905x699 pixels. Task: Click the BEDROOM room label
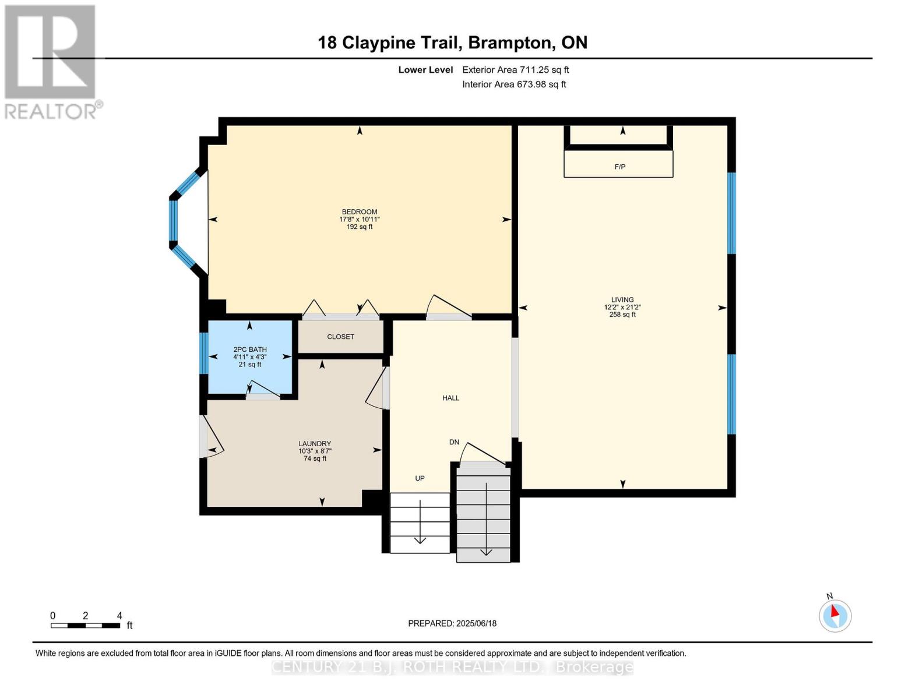(359, 212)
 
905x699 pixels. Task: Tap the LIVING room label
(622, 300)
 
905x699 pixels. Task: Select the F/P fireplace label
(619, 167)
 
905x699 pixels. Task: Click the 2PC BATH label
(250, 349)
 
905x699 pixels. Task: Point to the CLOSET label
(340, 337)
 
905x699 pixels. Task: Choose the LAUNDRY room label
(315, 443)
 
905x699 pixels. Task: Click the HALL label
(450, 398)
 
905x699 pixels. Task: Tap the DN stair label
(454, 442)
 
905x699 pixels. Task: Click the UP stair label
(420, 478)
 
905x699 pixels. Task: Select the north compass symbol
(835, 615)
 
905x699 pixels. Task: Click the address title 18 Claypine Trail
(452, 43)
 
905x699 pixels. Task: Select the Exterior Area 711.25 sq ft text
(515, 70)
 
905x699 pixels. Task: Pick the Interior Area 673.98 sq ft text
(514, 84)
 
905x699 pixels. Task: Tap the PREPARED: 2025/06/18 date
(452, 623)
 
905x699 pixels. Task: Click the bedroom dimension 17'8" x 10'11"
(359, 220)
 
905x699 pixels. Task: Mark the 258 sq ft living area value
(622, 315)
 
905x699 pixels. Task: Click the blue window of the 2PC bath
(203, 353)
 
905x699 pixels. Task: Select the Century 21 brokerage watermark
(452, 667)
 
